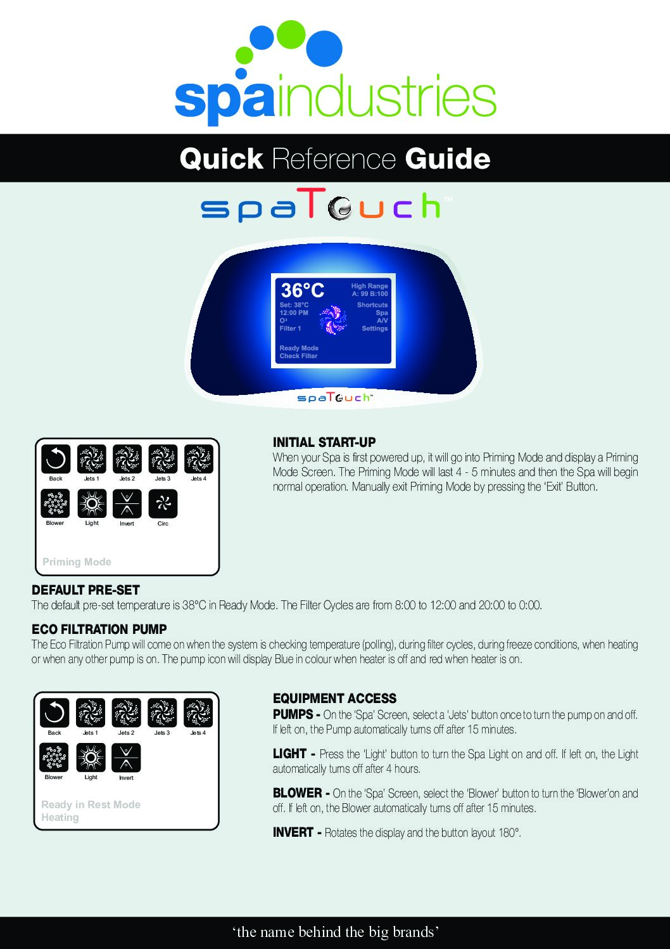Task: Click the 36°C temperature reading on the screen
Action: [303, 290]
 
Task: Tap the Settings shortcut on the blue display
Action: [374, 328]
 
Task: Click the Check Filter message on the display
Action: [298, 356]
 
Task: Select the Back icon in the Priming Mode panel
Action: [56, 460]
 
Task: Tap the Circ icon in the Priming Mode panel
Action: [163, 504]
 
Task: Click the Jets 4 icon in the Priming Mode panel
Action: [199, 460]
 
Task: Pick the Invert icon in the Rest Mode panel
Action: [126, 758]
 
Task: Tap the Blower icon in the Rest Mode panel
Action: [54, 758]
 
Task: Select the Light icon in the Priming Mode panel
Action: [92, 504]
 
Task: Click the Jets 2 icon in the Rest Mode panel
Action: [126, 713]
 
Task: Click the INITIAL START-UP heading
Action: [324, 442]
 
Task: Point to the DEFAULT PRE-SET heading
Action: [85, 590]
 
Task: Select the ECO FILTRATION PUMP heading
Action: [99, 629]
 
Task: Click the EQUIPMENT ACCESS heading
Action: [334, 699]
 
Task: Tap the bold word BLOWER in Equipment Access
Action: [297, 793]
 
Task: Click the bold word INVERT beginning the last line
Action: [293, 832]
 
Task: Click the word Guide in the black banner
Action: [447, 158]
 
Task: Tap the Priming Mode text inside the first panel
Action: [77, 562]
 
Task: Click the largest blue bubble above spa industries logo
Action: [324, 48]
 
